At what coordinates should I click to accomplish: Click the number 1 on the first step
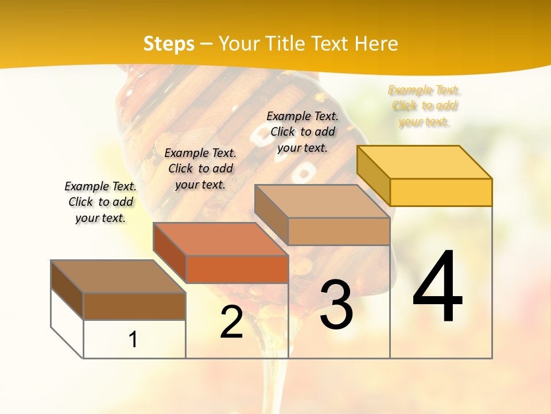pos(133,339)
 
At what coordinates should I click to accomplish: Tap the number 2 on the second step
pos(231,322)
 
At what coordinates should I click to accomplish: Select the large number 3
pos(336,305)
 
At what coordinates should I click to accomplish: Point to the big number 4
pos(437,287)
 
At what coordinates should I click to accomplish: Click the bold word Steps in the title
pos(169,44)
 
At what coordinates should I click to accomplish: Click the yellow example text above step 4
pos(424,106)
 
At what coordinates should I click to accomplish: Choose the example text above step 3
pos(302,132)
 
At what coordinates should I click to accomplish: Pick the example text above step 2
pos(200,168)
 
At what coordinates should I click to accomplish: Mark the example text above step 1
pos(100,202)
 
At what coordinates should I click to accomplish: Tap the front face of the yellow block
pos(441,192)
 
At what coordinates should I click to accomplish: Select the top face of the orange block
pos(220,239)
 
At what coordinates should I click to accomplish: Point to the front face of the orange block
pos(237,269)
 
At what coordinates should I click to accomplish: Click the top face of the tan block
pos(322,201)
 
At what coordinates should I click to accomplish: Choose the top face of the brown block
pos(118,276)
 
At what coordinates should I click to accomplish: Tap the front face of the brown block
pos(134,306)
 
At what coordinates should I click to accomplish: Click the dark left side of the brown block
pos(67,290)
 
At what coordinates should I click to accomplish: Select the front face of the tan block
pos(339,231)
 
